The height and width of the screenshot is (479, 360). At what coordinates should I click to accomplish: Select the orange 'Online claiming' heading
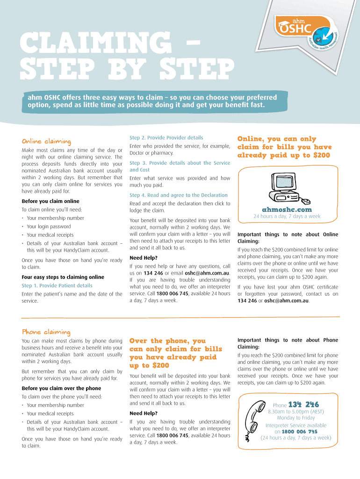(46, 141)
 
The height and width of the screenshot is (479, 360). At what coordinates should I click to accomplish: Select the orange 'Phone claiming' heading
(46, 332)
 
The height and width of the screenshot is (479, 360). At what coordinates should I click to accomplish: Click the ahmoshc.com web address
(287, 210)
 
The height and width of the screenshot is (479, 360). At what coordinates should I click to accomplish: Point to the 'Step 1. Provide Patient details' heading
(57, 286)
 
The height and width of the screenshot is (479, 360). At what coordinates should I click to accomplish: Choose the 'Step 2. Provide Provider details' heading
(166, 138)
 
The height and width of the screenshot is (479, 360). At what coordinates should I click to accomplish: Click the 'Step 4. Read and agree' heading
(179, 195)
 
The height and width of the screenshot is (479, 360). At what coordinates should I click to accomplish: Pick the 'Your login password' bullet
(49, 227)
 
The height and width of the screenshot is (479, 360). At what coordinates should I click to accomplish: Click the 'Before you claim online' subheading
(50, 201)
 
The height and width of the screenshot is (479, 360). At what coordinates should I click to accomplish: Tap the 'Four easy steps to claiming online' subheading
(63, 277)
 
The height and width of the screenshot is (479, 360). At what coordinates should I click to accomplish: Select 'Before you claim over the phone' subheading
(61, 388)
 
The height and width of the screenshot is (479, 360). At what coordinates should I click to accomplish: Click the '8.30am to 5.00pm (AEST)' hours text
(296, 412)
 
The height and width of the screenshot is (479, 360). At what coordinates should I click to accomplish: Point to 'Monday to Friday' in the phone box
(296, 418)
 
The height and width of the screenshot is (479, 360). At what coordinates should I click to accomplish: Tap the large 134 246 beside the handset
(303, 405)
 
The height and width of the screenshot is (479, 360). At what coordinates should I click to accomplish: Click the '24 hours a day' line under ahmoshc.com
(287, 216)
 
